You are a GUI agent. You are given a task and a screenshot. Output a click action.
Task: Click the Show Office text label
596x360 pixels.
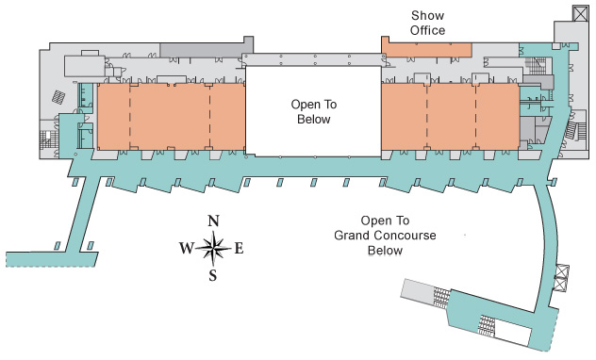tap(427, 23)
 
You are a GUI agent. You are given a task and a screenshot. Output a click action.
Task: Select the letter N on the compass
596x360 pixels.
tap(214, 221)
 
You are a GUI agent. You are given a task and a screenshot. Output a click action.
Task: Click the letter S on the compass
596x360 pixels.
tap(213, 275)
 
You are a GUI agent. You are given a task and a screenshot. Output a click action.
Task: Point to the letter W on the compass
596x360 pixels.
tap(187, 249)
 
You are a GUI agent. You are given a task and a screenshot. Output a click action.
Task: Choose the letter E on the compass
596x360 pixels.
tap(239, 249)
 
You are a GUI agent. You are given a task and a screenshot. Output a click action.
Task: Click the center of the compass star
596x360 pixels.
tap(213, 249)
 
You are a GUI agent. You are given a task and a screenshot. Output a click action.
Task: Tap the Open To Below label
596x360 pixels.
tap(314, 111)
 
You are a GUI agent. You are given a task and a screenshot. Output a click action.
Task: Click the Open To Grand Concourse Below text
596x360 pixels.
tap(385, 236)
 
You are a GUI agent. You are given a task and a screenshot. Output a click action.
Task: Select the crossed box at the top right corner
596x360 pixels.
tap(580, 13)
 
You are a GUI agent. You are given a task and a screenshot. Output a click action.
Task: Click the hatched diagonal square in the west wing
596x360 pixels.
tap(58, 97)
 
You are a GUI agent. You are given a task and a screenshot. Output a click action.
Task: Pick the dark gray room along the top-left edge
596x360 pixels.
tap(206, 50)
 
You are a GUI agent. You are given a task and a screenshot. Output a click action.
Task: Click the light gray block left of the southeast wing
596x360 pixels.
tap(418, 290)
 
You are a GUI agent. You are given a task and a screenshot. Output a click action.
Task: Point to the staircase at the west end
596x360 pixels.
tap(48, 140)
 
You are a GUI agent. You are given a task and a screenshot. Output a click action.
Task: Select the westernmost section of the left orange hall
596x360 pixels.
tap(114, 116)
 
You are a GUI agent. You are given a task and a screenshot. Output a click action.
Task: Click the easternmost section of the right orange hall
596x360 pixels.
tap(498, 116)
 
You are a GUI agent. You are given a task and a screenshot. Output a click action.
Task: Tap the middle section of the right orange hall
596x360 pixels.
tap(452, 116)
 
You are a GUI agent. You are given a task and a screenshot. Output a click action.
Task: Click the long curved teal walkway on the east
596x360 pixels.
tap(547, 243)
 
